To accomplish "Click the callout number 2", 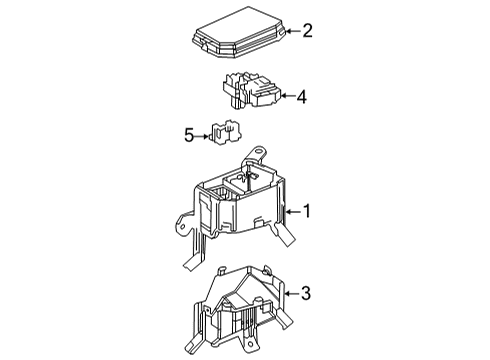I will tap(308, 31).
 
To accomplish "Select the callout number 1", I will tap(308, 212).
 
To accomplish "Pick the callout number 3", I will tap(308, 292).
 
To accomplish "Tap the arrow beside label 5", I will tap(202, 133).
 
